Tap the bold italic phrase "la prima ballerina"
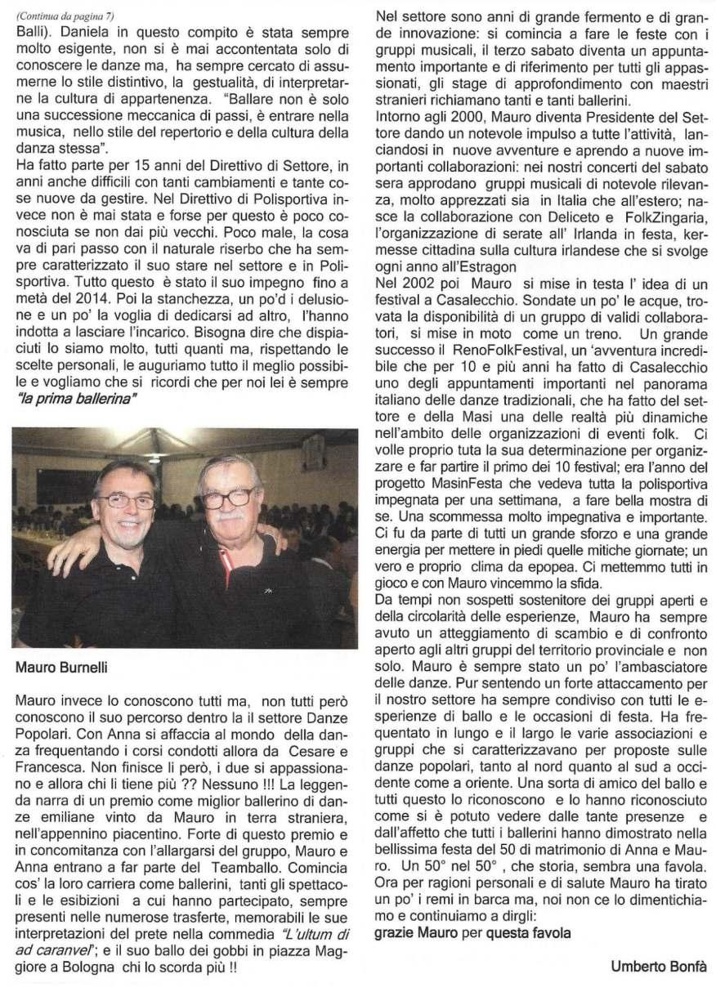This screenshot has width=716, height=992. click(x=78, y=399)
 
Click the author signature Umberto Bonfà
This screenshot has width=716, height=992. click(x=658, y=967)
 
